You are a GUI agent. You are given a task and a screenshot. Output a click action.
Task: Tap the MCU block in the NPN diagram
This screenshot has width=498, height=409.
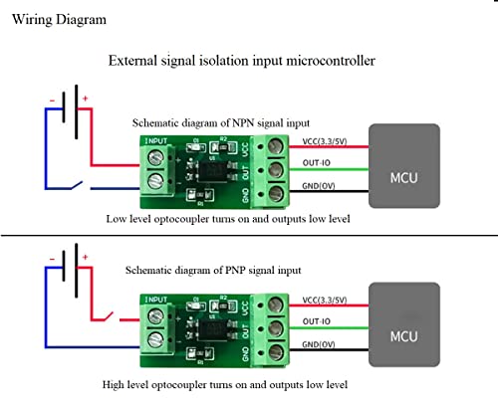tap(403, 166)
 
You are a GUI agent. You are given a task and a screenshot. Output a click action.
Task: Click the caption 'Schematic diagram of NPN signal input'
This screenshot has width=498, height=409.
tap(221, 122)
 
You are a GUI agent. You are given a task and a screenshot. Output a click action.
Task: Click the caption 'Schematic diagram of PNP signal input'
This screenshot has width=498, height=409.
tap(214, 270)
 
